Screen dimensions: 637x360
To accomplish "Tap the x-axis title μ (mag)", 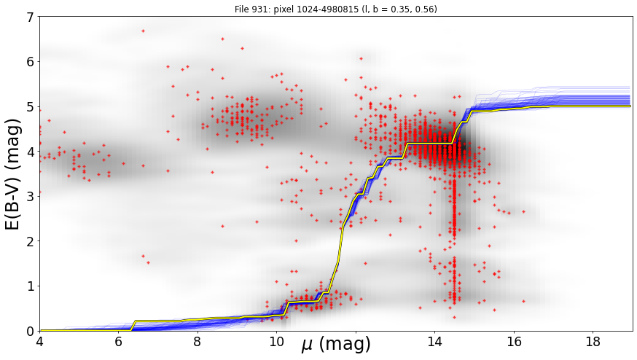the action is pyautogui.click(x=336, y=344).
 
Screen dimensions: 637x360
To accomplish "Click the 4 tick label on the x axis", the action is pyautogui.click(x=39, y=342).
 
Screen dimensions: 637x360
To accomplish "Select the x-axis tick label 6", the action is pyautogui.click(x=118, y=342).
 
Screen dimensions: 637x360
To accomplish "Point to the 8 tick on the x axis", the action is pyautogui.click(x=198, y=342).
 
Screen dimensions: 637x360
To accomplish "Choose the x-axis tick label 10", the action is pyautogui.click(x=277, y=342).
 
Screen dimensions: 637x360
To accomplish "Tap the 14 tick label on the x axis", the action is pyautogui.click(x=434, y=342).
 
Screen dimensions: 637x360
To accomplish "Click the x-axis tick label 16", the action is pyautogui.click(x=514, y=342).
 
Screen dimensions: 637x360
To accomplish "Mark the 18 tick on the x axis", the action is pyautogui.click(x=593, y=342).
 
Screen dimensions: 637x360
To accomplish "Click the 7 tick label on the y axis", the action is pyautogui.click(x=30, y=17).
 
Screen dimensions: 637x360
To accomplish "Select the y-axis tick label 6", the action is pyautogui.click(x=30, y=62).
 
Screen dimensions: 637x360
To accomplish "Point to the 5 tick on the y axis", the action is pyautogui.click(x=30, y=107).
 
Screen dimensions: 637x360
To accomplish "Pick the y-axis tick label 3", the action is pyautogui.click(x=30, y=196).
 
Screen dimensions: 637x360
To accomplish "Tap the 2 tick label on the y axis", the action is pyautogui.click(x=30, y=241).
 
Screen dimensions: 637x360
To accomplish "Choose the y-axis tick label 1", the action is pyautogui.click(x=30, y=286).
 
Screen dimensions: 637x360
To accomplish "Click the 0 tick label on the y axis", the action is pyautogui.click(x=30, y=331).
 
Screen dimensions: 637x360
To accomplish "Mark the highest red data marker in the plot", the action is pyautogui.click(x=143, y=31).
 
